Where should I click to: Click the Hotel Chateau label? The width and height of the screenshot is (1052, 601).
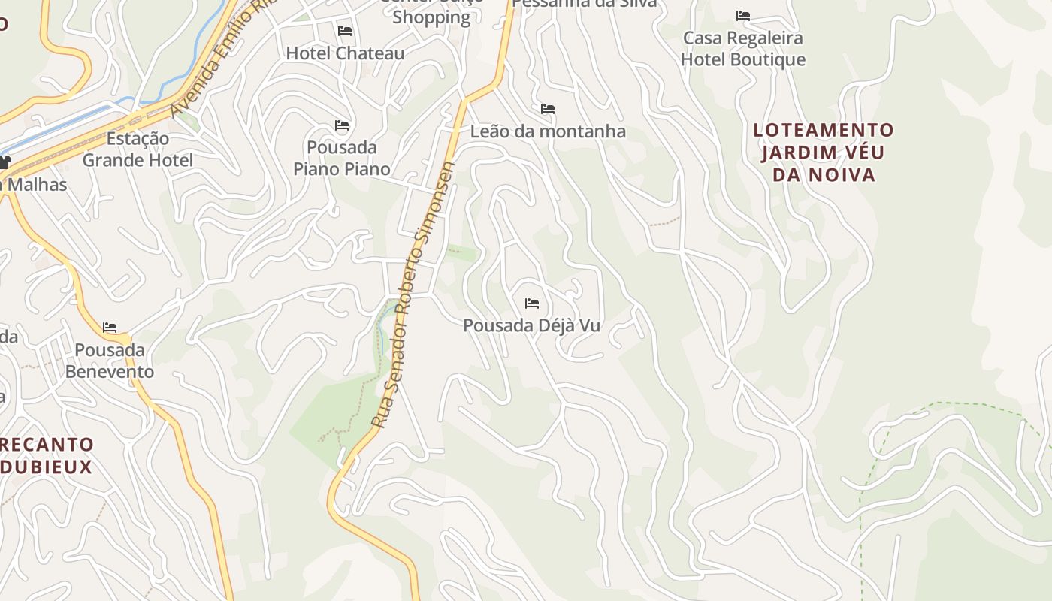(345, 53)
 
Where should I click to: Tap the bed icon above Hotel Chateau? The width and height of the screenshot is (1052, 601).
(345, 31)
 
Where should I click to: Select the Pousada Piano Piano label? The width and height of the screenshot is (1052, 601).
(341, 158)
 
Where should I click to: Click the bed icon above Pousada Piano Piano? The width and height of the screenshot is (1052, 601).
(342, 125)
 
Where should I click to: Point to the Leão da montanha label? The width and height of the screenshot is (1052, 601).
(548, 131)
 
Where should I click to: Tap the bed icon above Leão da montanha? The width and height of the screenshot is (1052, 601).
(548, 109)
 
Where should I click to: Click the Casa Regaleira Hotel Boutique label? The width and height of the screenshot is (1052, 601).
(742, 48)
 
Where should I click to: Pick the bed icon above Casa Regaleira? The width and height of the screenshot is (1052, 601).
(743, 15)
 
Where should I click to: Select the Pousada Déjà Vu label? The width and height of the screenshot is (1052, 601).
(531, 326)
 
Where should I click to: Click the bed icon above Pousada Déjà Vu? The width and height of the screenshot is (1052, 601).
(532, 304)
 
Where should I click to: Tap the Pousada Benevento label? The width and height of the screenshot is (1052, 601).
(110, 361)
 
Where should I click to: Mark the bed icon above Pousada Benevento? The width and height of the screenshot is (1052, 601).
(110, 328)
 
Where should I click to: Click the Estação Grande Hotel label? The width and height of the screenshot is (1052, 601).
(138, 149)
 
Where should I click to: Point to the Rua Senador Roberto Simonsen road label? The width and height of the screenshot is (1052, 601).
(414, 294)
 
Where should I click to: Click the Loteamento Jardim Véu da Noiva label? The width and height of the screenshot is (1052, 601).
(824, 153)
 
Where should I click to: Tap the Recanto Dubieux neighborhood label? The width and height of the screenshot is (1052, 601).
(47, 455)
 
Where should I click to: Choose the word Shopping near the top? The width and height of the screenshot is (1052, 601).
(431, 17)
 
